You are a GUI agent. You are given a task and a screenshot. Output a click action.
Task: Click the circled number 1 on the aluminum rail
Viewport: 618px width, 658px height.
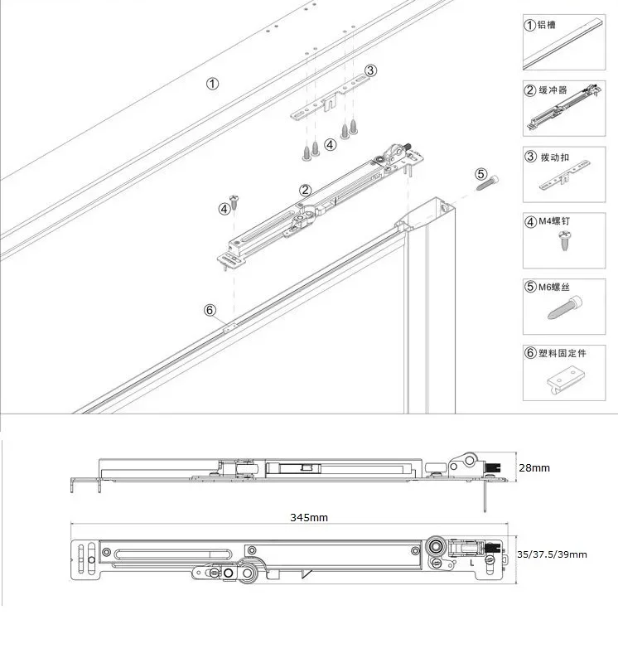coord(213,84)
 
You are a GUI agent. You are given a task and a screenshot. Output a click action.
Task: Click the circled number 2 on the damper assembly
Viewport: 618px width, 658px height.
coord(305,191)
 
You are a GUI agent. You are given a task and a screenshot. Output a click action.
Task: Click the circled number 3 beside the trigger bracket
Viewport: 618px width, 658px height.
coord(370,71)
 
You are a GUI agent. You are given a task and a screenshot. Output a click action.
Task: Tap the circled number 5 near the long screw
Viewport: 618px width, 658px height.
coord(481,174)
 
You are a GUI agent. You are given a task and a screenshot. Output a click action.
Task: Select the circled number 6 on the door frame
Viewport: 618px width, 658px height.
coord(210,310)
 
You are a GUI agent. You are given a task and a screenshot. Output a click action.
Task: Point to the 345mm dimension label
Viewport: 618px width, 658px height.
coord(309,517)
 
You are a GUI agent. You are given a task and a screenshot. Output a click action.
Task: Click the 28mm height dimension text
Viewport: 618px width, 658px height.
coord(534,468)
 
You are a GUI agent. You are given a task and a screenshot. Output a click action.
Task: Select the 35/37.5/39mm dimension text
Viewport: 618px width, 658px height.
coord(552,554)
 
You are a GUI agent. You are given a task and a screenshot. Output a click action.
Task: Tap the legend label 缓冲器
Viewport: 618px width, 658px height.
coord(553,90)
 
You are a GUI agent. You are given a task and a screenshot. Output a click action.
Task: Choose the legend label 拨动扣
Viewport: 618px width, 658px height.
coord(553,156)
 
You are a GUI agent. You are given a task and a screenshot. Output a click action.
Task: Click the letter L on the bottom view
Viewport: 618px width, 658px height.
coord(471,563)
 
